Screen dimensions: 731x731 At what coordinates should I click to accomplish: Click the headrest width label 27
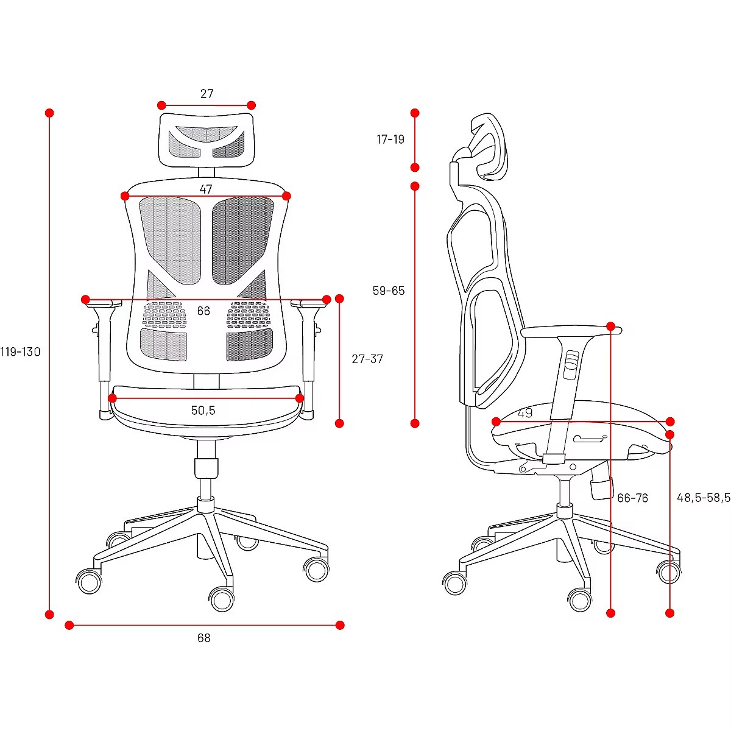207,94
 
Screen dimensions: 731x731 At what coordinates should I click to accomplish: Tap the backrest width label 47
206,189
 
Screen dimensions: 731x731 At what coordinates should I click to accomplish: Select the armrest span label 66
203,311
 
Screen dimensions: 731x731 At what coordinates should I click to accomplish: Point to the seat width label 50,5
203,410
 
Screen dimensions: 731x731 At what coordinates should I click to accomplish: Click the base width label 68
203,638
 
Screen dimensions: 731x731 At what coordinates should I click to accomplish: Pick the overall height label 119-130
20,351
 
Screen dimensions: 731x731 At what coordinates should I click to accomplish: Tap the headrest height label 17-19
390,139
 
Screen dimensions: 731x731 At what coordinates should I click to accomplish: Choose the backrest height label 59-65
389,291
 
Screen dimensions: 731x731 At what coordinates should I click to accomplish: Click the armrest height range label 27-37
367,359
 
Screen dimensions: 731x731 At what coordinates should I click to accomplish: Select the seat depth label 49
525,413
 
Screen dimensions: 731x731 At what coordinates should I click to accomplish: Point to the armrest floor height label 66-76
633,498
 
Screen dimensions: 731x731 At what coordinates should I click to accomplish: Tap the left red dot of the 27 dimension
161,105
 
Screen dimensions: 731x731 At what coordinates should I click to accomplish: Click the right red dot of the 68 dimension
340,625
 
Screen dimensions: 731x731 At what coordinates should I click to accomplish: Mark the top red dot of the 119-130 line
49,113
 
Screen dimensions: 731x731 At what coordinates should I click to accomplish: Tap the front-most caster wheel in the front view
222,600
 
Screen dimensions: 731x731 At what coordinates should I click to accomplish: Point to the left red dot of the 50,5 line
112,398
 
